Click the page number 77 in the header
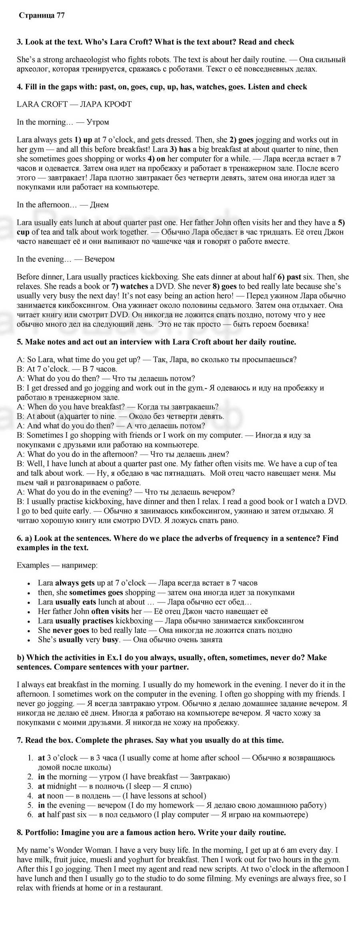[x=60, y=16]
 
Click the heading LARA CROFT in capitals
[x=42, y=104]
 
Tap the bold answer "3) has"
[x=179, y=149]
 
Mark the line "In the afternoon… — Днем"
[x=63, y=205]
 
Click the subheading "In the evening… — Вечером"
[x=66, y=259]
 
